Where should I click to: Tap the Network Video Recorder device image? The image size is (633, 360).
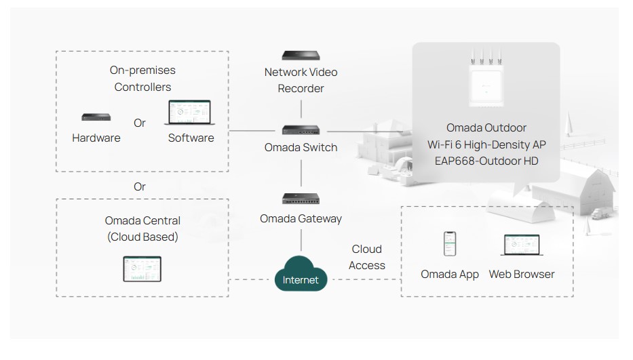(301, 55)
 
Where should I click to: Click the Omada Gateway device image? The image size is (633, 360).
(301, 199)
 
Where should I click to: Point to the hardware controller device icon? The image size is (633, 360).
(96, 117)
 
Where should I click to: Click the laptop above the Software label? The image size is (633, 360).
(189, 113)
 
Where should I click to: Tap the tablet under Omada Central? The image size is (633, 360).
(142, 268)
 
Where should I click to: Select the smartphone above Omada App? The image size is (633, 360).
(450, 244)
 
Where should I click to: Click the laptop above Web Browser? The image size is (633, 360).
(522, 245)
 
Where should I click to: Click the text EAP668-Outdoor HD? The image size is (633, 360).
(486, 161)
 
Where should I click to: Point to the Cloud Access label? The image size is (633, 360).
(367, 258)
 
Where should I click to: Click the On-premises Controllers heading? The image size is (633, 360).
(142, 79)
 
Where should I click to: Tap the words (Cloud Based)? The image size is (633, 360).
(142, 237)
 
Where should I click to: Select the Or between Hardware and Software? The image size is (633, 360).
(140, 123)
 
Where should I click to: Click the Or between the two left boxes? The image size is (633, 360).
(140, 186)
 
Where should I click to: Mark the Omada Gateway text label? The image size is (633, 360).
(301, 219)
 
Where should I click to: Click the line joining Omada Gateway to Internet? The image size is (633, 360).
(301, 241)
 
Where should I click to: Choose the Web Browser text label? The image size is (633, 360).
(522, 275)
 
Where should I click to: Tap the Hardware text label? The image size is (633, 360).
(96, 138)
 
